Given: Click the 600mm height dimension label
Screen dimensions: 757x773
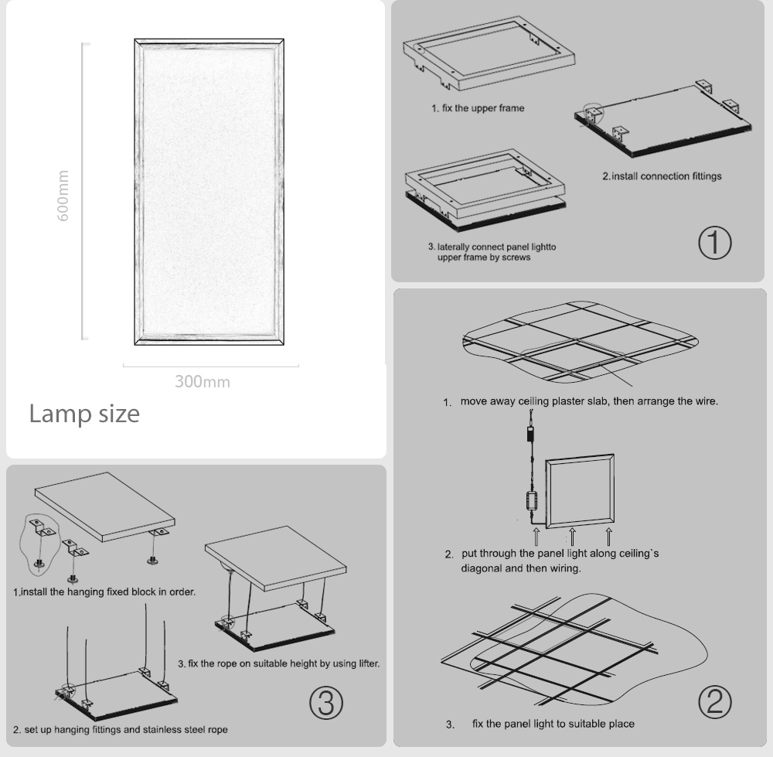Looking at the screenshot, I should [63, 195].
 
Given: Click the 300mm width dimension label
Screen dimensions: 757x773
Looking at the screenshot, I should [202, 381].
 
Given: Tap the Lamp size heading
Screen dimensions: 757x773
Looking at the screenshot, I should [84, 414].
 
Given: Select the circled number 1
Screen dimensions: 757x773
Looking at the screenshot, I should [714, 243].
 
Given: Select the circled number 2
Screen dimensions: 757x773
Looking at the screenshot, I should [714, 701].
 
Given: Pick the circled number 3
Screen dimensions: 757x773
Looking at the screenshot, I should [325, 702].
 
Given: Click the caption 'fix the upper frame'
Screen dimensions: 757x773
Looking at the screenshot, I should [477, 108].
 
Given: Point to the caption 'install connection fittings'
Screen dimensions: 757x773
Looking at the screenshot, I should [662, 176].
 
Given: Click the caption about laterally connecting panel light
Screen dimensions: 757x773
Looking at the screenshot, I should [492, 252].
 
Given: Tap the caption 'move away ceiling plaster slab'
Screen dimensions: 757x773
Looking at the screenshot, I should [581, 401].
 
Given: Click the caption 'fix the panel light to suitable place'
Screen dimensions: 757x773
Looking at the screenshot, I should [553, 724].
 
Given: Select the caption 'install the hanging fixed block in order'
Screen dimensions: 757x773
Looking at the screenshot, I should [104, 592].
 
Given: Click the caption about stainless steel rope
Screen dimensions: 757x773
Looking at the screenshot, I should [121, 729].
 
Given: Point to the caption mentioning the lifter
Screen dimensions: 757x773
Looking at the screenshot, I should [278, 663].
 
